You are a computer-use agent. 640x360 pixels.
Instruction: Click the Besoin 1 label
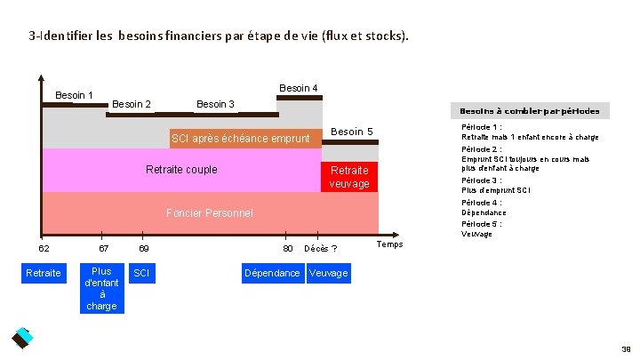(75, 95)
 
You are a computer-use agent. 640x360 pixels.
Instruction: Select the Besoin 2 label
(131, 105)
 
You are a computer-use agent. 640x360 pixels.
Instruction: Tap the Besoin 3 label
(215, 105)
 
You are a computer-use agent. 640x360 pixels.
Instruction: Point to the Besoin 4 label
(299, 88)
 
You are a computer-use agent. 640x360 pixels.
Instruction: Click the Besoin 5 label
(351, 132)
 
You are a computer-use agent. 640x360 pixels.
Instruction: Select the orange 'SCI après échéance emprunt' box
(241, 139)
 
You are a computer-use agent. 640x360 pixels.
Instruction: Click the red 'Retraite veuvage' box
(349, 177)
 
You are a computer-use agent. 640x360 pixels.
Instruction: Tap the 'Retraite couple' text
(181, 170)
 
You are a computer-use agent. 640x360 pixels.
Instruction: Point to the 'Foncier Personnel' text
(210, 212)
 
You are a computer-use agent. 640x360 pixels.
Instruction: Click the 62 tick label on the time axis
(44, 247)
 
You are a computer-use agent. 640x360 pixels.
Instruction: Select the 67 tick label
(103, 247)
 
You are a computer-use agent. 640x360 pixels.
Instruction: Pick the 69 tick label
(144, 247)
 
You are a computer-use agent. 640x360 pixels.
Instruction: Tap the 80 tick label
(288, 247)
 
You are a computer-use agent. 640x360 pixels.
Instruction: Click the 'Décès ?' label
(320, 248)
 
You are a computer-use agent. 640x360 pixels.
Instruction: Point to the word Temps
(390, 244)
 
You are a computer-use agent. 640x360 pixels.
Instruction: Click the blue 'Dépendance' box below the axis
(272, 273)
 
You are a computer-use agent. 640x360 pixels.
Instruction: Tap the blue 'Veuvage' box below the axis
(328, 273)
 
